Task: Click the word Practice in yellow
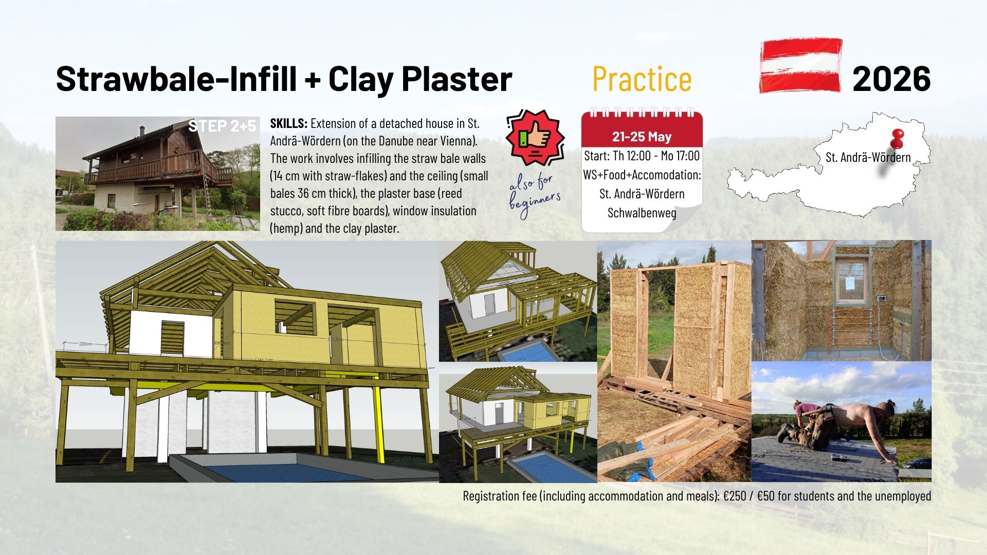(642, 79)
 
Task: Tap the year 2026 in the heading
(891, 79)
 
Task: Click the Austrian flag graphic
(800, 65)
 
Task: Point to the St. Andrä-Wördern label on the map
(868, 157)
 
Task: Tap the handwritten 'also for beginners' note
(535, 196)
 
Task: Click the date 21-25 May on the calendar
(642, 137)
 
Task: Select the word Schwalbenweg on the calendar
(642, 213)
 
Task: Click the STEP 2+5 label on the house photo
(222, 126)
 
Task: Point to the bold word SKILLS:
(289, 123)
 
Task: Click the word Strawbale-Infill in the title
(176, 79)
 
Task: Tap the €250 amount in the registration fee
(738, 496)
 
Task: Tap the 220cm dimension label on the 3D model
(85, 343)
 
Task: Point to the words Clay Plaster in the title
(420, 79)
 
